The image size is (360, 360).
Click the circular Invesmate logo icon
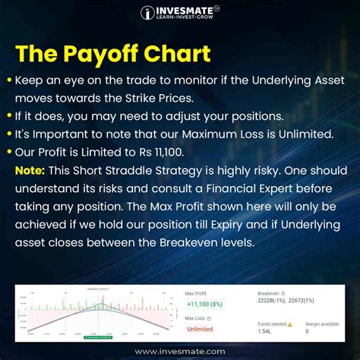coord(148,13)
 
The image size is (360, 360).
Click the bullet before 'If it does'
coord(9,117)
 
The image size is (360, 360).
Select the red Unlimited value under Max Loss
coord(200,329)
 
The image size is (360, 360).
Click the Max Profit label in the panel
coord(197,292)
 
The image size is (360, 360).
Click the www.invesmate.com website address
coord(180,352)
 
